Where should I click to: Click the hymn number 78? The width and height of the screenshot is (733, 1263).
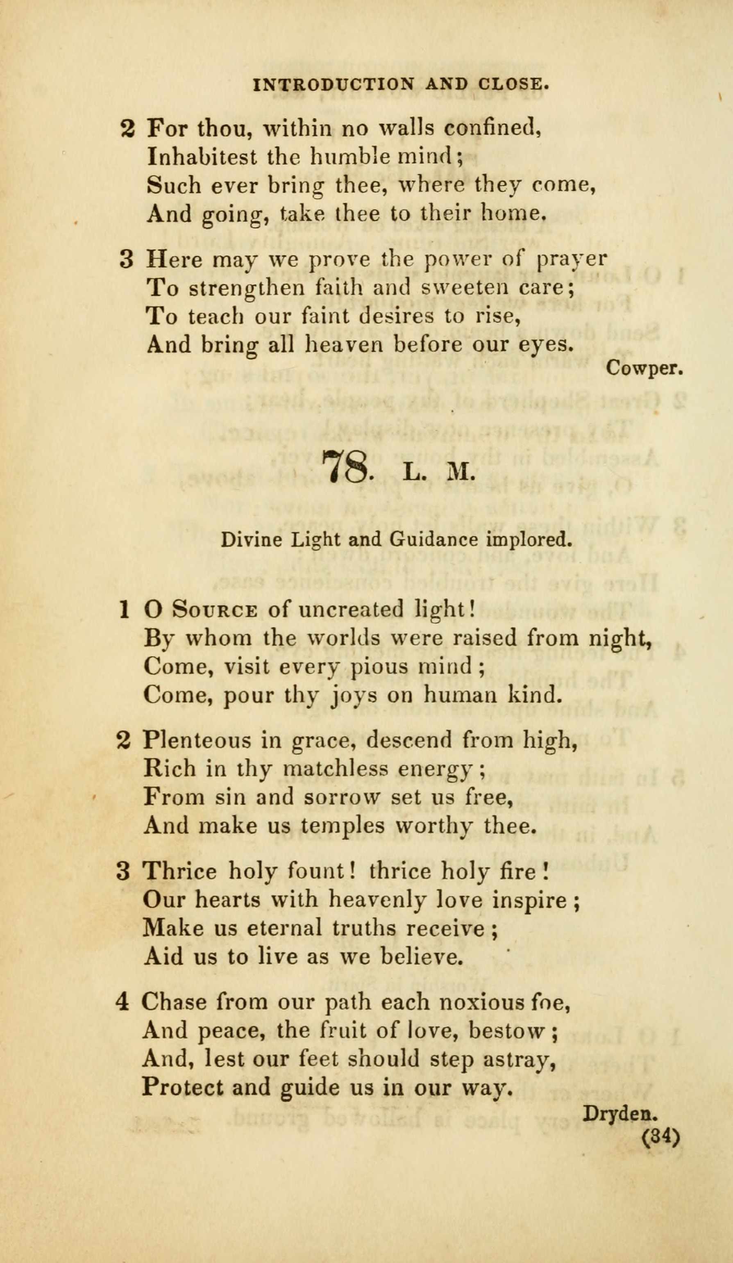346,467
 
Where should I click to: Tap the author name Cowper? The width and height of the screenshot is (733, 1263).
644,369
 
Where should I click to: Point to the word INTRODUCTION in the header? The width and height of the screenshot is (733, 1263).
334,84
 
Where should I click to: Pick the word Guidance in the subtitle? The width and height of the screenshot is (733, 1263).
432,540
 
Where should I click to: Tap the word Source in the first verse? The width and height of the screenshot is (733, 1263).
215,610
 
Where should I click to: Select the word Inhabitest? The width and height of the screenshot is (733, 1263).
202,157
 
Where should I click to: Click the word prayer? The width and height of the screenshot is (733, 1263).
571,259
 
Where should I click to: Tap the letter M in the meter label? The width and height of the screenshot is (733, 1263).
459,473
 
